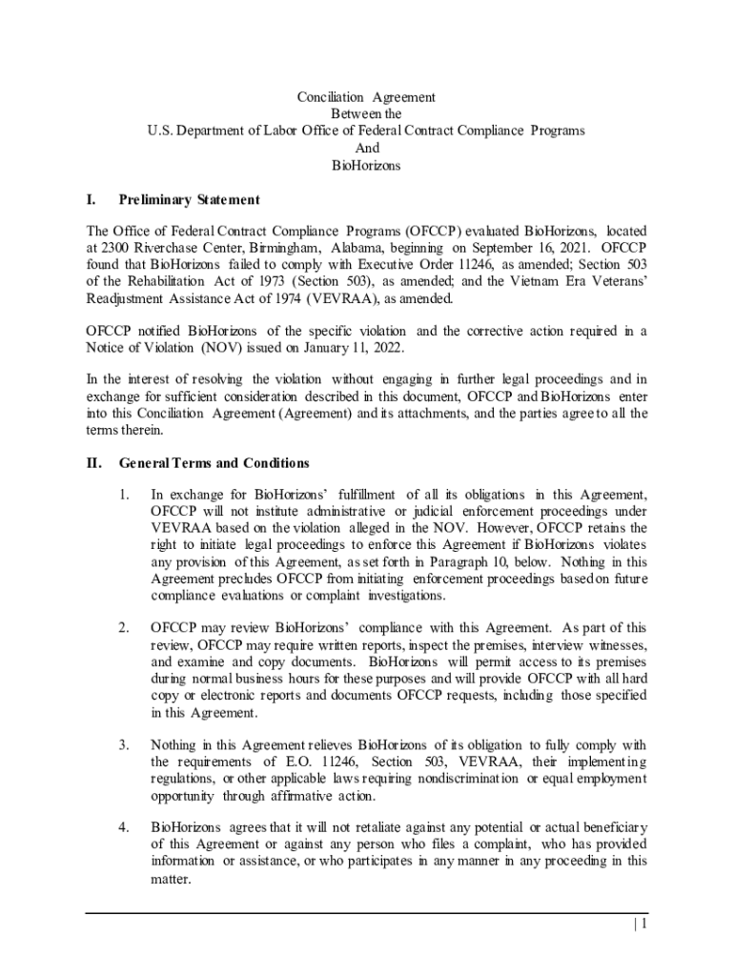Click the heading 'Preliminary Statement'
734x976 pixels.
[x=188, y=199]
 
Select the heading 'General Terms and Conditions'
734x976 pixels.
[x=214, y=463]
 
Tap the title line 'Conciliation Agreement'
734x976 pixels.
[x=366, y=96]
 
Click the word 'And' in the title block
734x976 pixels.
[x=366, y=148]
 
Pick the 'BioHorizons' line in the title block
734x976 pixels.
[x=366, y=165]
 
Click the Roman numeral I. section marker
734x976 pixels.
[x=92, y=199]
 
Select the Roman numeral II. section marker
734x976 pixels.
[x=94, y=463]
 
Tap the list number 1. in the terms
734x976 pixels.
[x=124, y=494]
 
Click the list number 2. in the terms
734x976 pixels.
[x=124, y=627]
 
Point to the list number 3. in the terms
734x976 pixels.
[x=124, y=744]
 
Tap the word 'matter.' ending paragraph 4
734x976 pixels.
[x=172, y=881]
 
